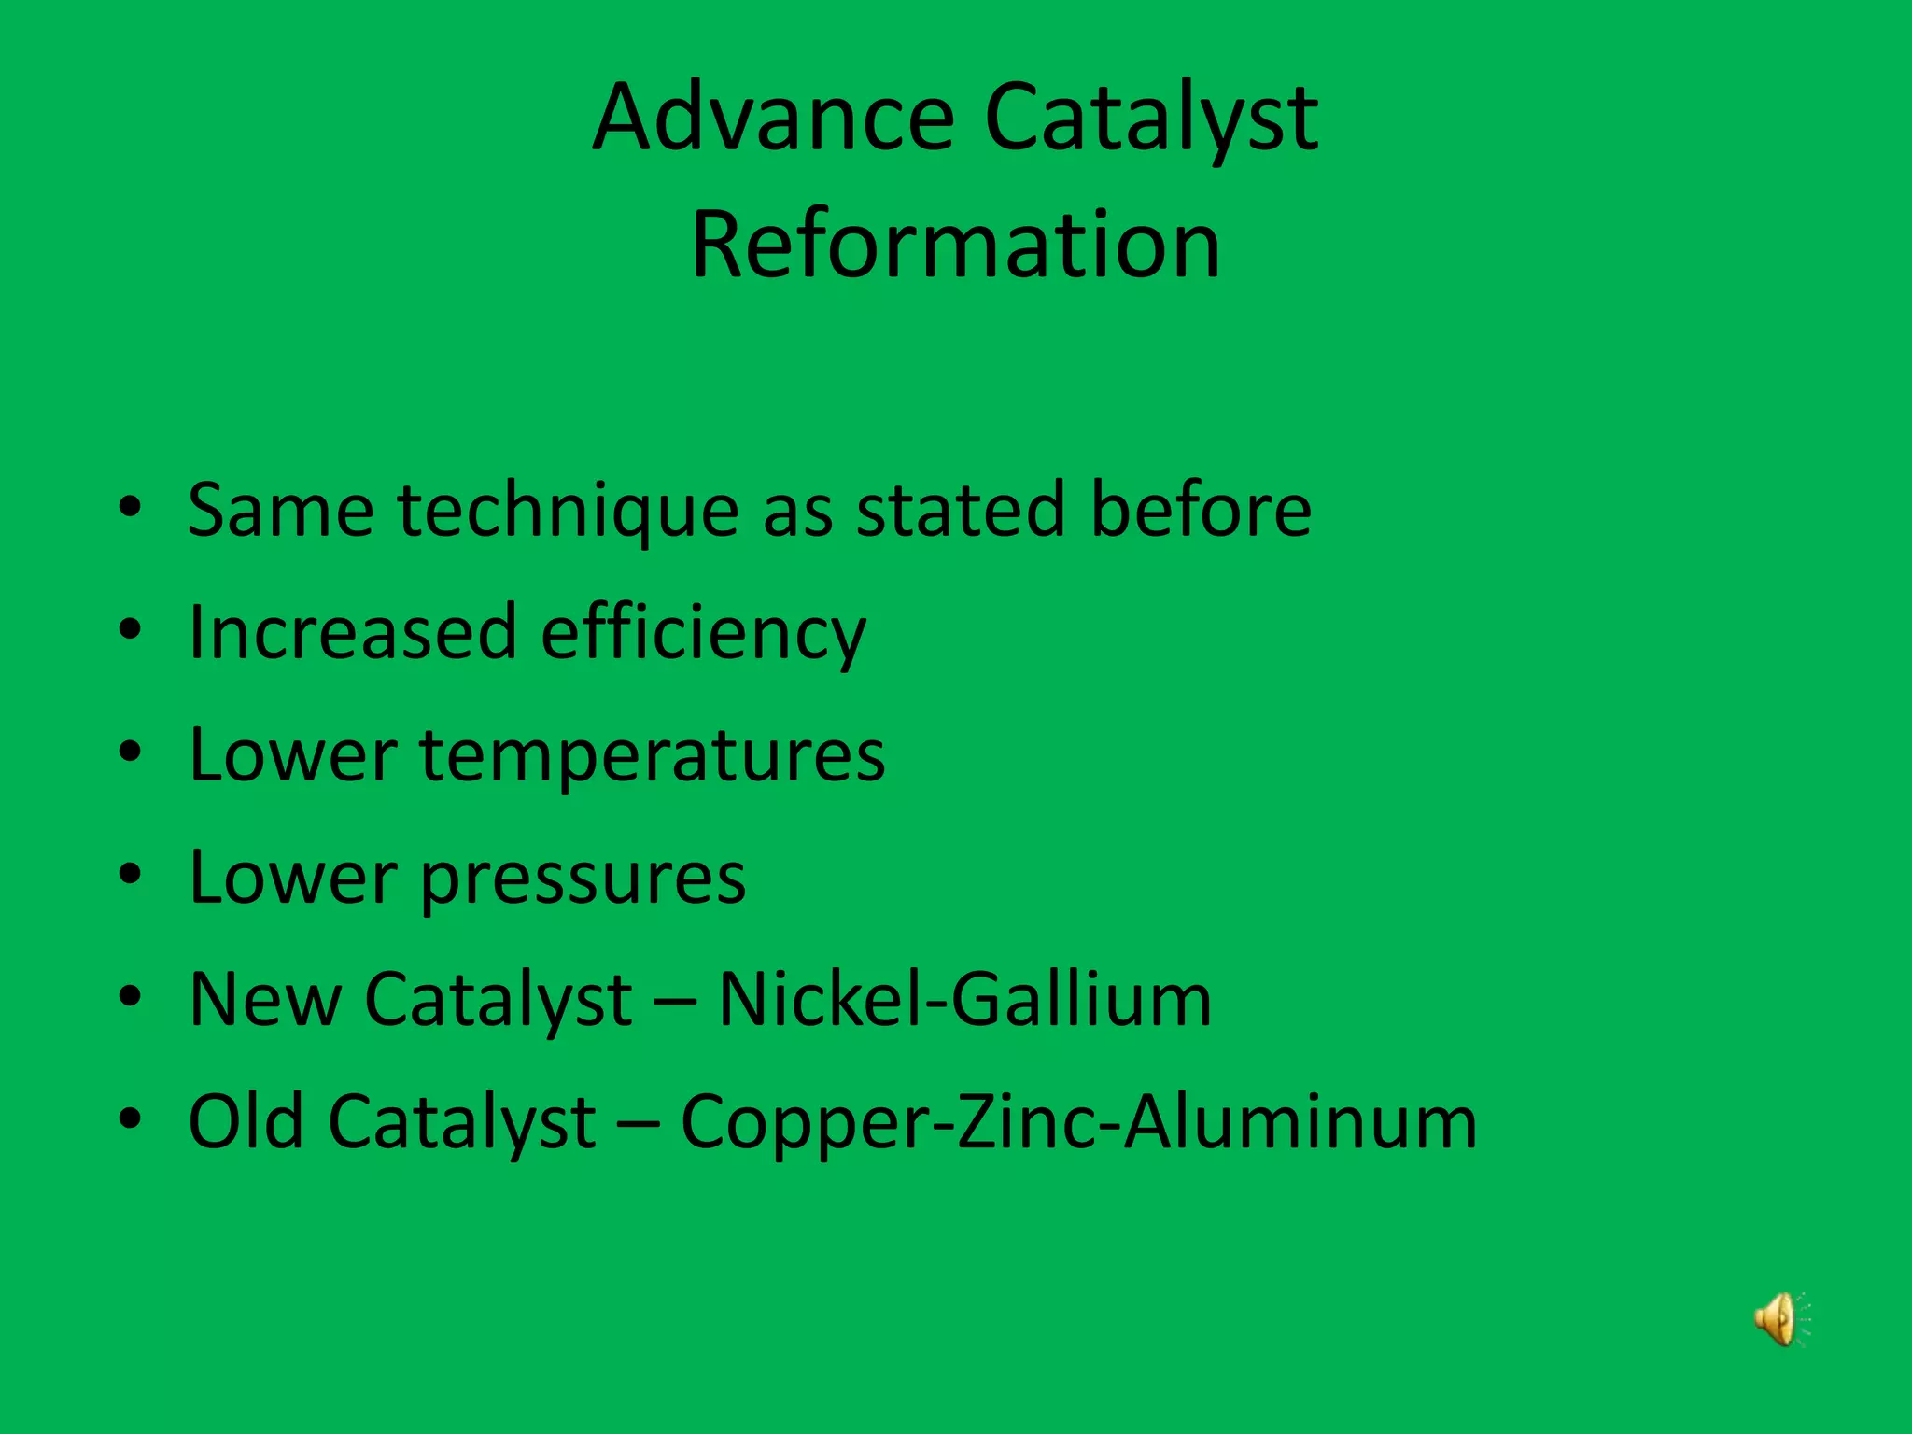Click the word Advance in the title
(x=773, y=118)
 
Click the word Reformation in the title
(x=955, y=245)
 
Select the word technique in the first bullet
(x=568, y=512)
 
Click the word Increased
(x=352, y=632)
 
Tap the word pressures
(x=583, y=879)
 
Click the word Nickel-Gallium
(x=965, y=1000)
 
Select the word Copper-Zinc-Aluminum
(x=1079, y=1122)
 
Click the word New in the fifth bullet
(x=265, y=1000)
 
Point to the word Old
(x=246, y=1121)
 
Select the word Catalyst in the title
(x=1151, y=119)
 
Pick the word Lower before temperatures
(x=291, y=755)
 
